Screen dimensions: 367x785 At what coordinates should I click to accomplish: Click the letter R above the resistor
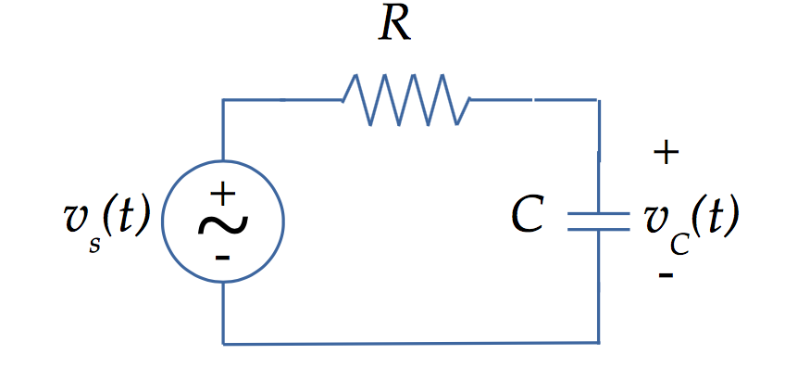point(395,27)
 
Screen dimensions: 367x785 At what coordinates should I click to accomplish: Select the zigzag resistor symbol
point(405,99)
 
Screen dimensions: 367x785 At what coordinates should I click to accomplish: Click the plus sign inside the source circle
point(222,194)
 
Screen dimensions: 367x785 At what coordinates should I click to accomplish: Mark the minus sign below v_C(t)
point(666,275)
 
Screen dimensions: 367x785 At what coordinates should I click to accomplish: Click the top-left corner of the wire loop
point(223,99)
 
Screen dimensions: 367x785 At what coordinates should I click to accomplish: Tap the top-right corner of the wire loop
point(599,99)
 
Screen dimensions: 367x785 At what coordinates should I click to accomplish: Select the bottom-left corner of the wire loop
point(223,344)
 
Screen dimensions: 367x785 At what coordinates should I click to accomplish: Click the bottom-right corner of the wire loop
point(599,344)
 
